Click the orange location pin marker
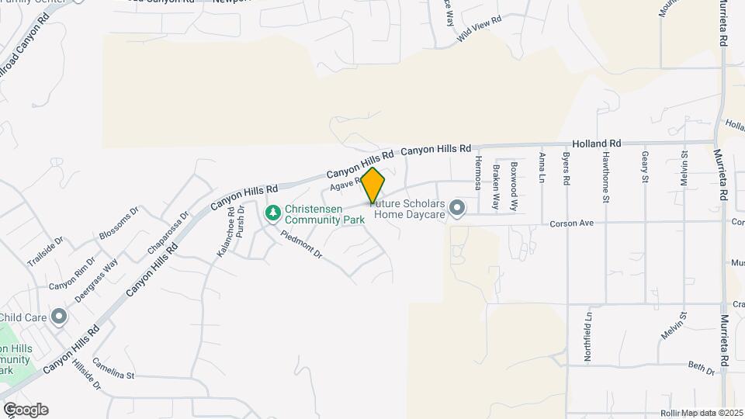click(x=372, y=185)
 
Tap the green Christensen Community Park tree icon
click(x=272, y=212)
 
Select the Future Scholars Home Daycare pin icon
click(x=457, y=207)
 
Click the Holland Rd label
click(x=597, y=144)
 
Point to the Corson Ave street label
click(x=571, y=223)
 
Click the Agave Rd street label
click(x=346, y=185)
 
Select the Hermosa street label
click(x=478, y=171)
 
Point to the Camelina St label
click(x=113, y=369)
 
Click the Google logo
click(x=26, y=410)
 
